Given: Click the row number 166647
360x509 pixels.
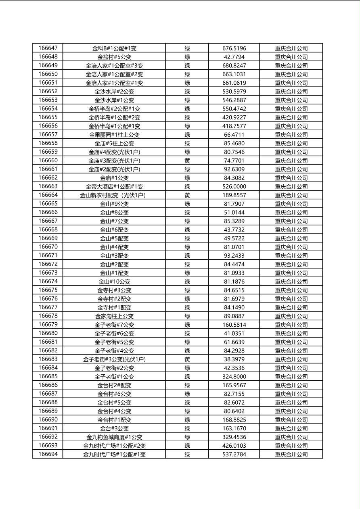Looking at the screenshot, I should pos(48,48).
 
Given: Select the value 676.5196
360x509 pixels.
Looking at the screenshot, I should pos(234,48).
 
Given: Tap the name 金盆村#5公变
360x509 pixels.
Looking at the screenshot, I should pos(114,57).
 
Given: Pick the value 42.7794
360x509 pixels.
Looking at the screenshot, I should pos(234,57).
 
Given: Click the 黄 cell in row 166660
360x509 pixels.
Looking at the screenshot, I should pos(187,161).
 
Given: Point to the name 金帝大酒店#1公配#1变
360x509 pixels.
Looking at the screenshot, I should pos(114,186).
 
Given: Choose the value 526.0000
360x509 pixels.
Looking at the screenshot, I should pos(234,186).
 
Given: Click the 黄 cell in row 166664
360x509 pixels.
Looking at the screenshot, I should pos(187,195).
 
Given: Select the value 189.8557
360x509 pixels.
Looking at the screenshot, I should pos(234,195).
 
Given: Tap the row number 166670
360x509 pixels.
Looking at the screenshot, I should pos(48,247).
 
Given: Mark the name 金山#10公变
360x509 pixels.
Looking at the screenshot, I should pos(114,282).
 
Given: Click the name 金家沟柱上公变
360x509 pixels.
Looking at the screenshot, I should pos(114,316).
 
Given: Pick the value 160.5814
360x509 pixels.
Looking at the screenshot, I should pos(234,325).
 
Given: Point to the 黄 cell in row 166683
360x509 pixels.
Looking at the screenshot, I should pos(187,359).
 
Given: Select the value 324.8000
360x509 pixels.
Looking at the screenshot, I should pos(234,377).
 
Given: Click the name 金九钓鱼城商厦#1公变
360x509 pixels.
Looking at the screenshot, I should pos(114,437).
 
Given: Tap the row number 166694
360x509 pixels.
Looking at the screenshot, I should pos(48,454).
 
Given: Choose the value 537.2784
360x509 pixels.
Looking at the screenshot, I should pos(234,454).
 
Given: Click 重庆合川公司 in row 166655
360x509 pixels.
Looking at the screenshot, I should pos(291,117).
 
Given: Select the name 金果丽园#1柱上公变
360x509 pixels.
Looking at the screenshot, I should pos(114,135).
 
